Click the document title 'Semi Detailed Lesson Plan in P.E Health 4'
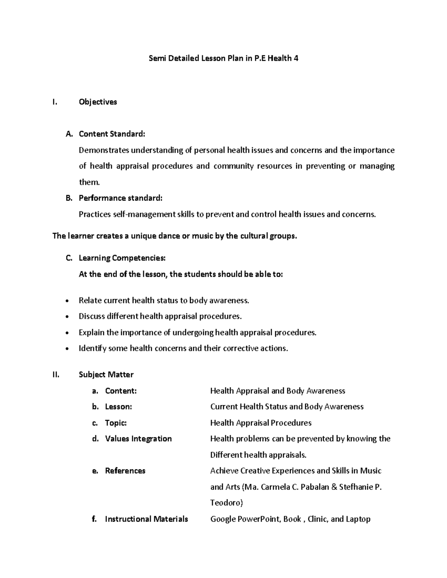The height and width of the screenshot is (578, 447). click(223, 58)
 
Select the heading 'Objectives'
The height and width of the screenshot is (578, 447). click(98, 102)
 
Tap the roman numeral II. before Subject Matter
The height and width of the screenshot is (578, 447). click(56, 374)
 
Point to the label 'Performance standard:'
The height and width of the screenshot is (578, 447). click(121, 198)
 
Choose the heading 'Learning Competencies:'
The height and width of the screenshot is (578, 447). click(122, 258)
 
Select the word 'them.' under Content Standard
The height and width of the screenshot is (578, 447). click(89, 182)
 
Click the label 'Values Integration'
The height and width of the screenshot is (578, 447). click(138, 439)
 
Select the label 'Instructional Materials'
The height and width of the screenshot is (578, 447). click(146, 519)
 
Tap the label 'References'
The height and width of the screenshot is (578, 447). click(125, 471)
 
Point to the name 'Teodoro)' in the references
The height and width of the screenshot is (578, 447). click(226, 503)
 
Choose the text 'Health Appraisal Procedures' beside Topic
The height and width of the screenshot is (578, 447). click(261, 423)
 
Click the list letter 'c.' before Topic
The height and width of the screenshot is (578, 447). click(95, 423)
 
